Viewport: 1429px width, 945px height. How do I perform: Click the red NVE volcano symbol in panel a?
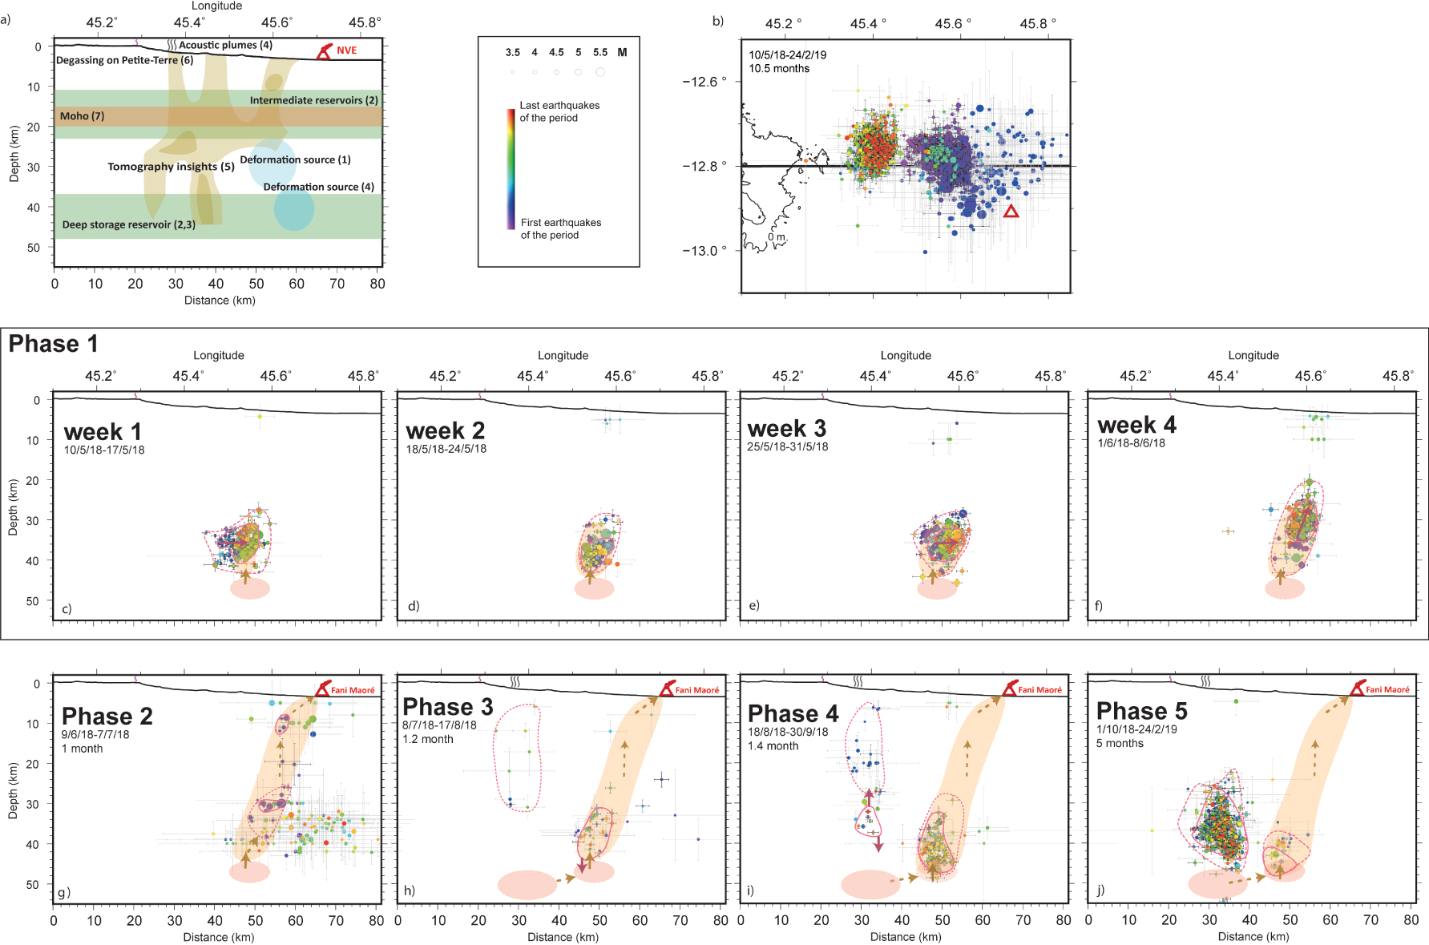[x=324, y=53]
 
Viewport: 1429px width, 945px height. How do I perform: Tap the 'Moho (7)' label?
[x=82, y=116]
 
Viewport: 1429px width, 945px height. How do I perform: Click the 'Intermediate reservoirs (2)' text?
[x=313, y=100]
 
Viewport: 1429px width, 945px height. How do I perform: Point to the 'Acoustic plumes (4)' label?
[x=225, y=45]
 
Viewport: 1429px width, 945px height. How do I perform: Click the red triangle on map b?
[x=1011, y=211]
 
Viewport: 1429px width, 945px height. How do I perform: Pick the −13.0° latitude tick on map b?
[x=704, y=251]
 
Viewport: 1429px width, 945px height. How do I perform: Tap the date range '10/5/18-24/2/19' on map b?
[x=787, y=55]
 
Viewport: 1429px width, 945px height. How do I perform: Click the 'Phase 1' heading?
[x=53, y=344]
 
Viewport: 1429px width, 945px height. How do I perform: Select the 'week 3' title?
[x=786, y=429]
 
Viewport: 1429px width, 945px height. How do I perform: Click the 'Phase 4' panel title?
[x=793, y=713]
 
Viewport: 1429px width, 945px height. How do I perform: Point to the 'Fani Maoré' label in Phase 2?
[x=353, y=690]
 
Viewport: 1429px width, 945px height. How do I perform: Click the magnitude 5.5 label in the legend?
[x=600, y=53]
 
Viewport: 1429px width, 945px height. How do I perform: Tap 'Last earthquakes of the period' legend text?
[x=559, y=111]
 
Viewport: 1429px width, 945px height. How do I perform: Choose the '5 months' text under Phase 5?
[x=1120, y=743]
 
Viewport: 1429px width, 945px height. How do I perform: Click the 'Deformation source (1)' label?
[x=295, y=160]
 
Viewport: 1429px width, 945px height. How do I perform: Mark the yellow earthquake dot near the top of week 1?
[x=259, y=417]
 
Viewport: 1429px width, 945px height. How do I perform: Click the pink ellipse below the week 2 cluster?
[x=594, y=588]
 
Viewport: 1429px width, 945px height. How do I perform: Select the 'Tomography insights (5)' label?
[x=171, y=167]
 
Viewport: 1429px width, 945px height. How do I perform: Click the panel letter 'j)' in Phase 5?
[x=1100, y=890]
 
